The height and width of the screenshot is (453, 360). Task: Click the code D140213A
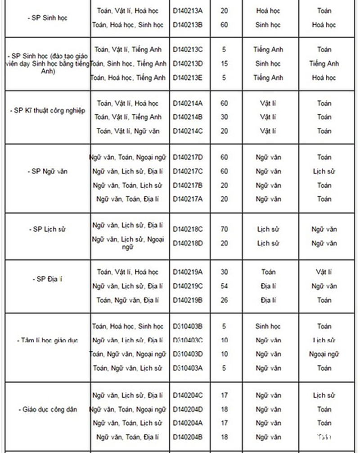(x=188, y=10)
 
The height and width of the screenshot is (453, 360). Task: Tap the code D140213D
(x=188, y=63)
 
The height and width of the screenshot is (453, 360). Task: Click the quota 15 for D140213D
(x=224, y=63)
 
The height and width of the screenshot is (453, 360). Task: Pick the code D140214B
(x=188, y=117)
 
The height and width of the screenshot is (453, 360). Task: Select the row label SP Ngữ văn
(x=47, y=172)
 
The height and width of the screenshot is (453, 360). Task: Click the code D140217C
(x=188, y=171)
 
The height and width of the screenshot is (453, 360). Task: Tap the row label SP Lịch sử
(x=47, y=229)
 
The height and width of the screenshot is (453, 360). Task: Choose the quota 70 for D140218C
(x=224, y=229)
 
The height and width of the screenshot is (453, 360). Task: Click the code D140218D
(x=188, y=243)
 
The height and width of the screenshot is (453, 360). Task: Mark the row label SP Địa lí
(x=47, y=279)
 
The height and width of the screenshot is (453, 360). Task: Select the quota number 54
(x=224, y=286)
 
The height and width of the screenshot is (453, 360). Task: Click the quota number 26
(x=224, y=300)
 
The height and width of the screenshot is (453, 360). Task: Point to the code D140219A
(x=188, y=272)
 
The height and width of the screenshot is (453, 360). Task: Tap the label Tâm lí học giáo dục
(x=49, y=340)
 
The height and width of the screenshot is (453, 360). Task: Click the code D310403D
(x=188, y=354)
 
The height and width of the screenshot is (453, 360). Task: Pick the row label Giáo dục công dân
(x=49, y=410)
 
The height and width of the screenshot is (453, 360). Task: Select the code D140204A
(x=188, y=423)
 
